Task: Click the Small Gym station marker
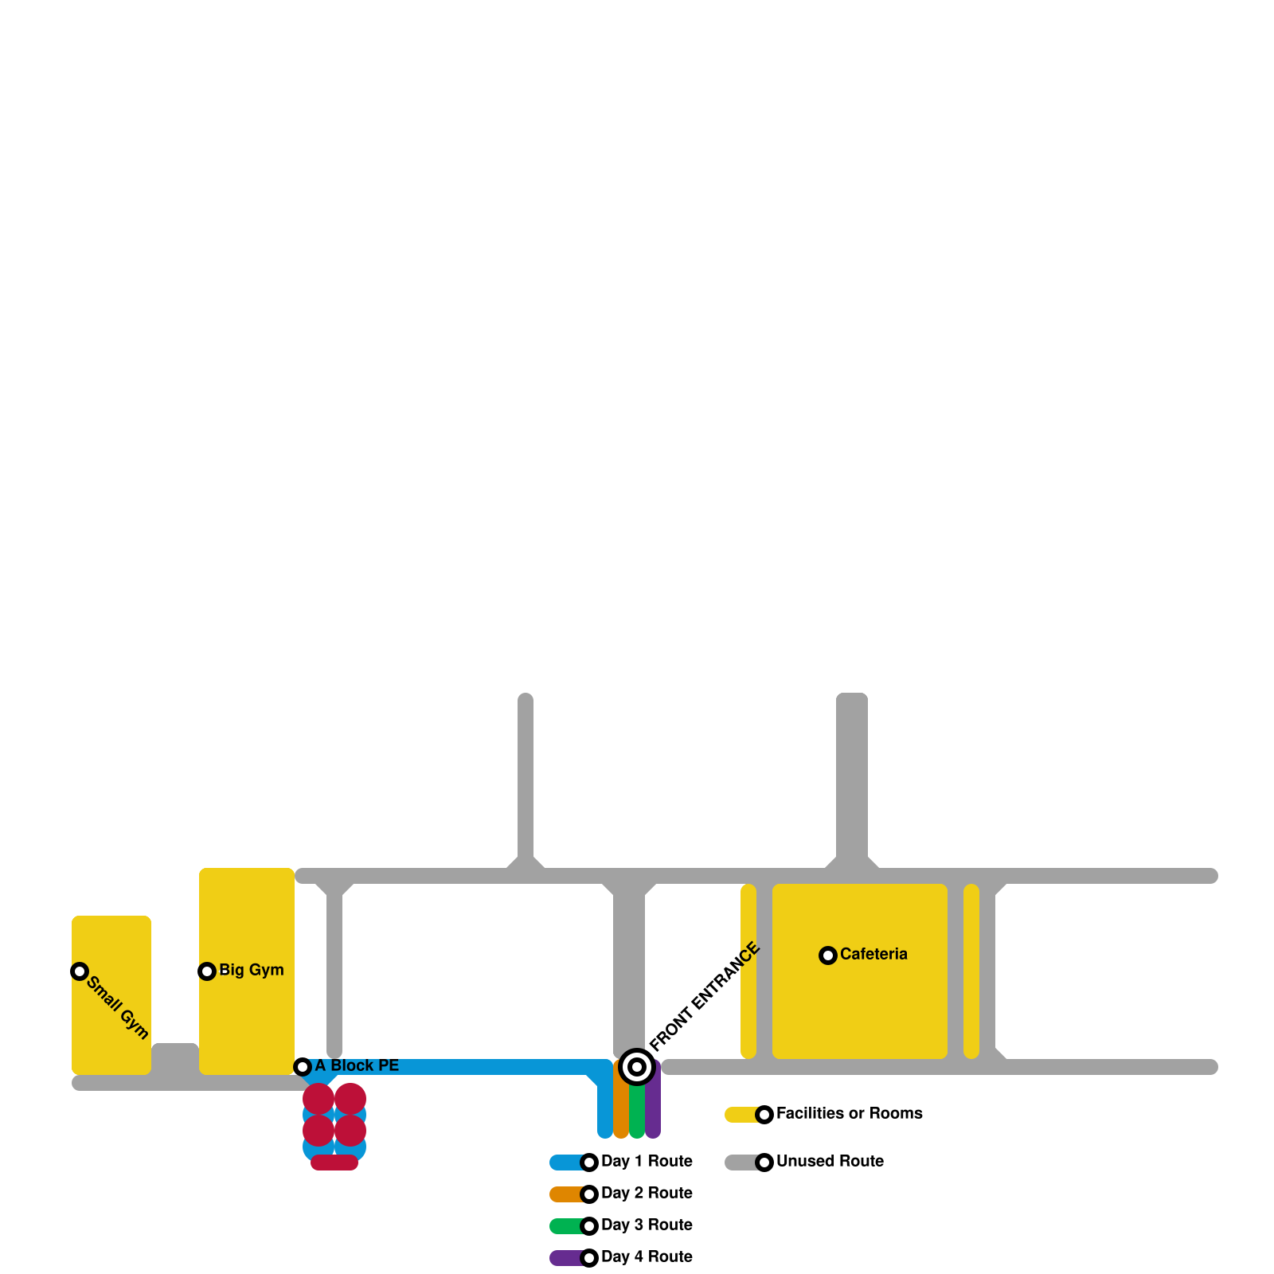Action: (80, 971)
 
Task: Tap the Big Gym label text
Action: (251, 970)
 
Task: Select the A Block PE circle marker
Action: (303, 1067)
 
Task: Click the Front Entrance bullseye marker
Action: (637, 1067)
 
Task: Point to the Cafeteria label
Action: (873, 954)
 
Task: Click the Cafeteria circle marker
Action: (828, 955)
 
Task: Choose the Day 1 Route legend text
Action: (647, 1161)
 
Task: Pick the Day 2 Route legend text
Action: (647, 1193)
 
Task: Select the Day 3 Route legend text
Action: (647, 1225)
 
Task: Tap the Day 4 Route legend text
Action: (647, 1256)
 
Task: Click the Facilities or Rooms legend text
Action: (849, 1113)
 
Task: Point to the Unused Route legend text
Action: (830, 1161)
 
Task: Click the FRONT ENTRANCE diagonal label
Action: (705, 997)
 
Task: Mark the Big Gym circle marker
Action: (207, 971)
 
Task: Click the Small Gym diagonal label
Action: (118, 1007)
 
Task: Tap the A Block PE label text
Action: (357, 1065)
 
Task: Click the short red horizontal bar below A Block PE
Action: (334, 1163)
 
